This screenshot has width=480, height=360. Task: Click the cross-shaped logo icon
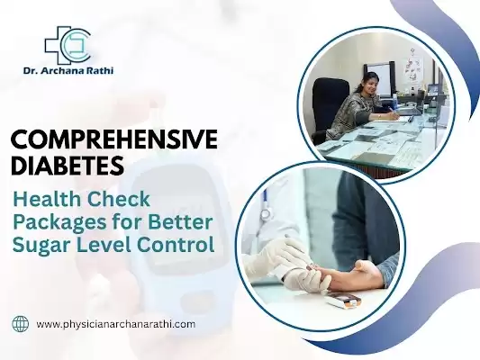[67, 43]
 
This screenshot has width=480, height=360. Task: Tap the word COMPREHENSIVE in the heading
[114, 140]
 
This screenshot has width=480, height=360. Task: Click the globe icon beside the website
[20, 323]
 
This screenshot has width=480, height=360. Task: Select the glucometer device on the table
[343, 299]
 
